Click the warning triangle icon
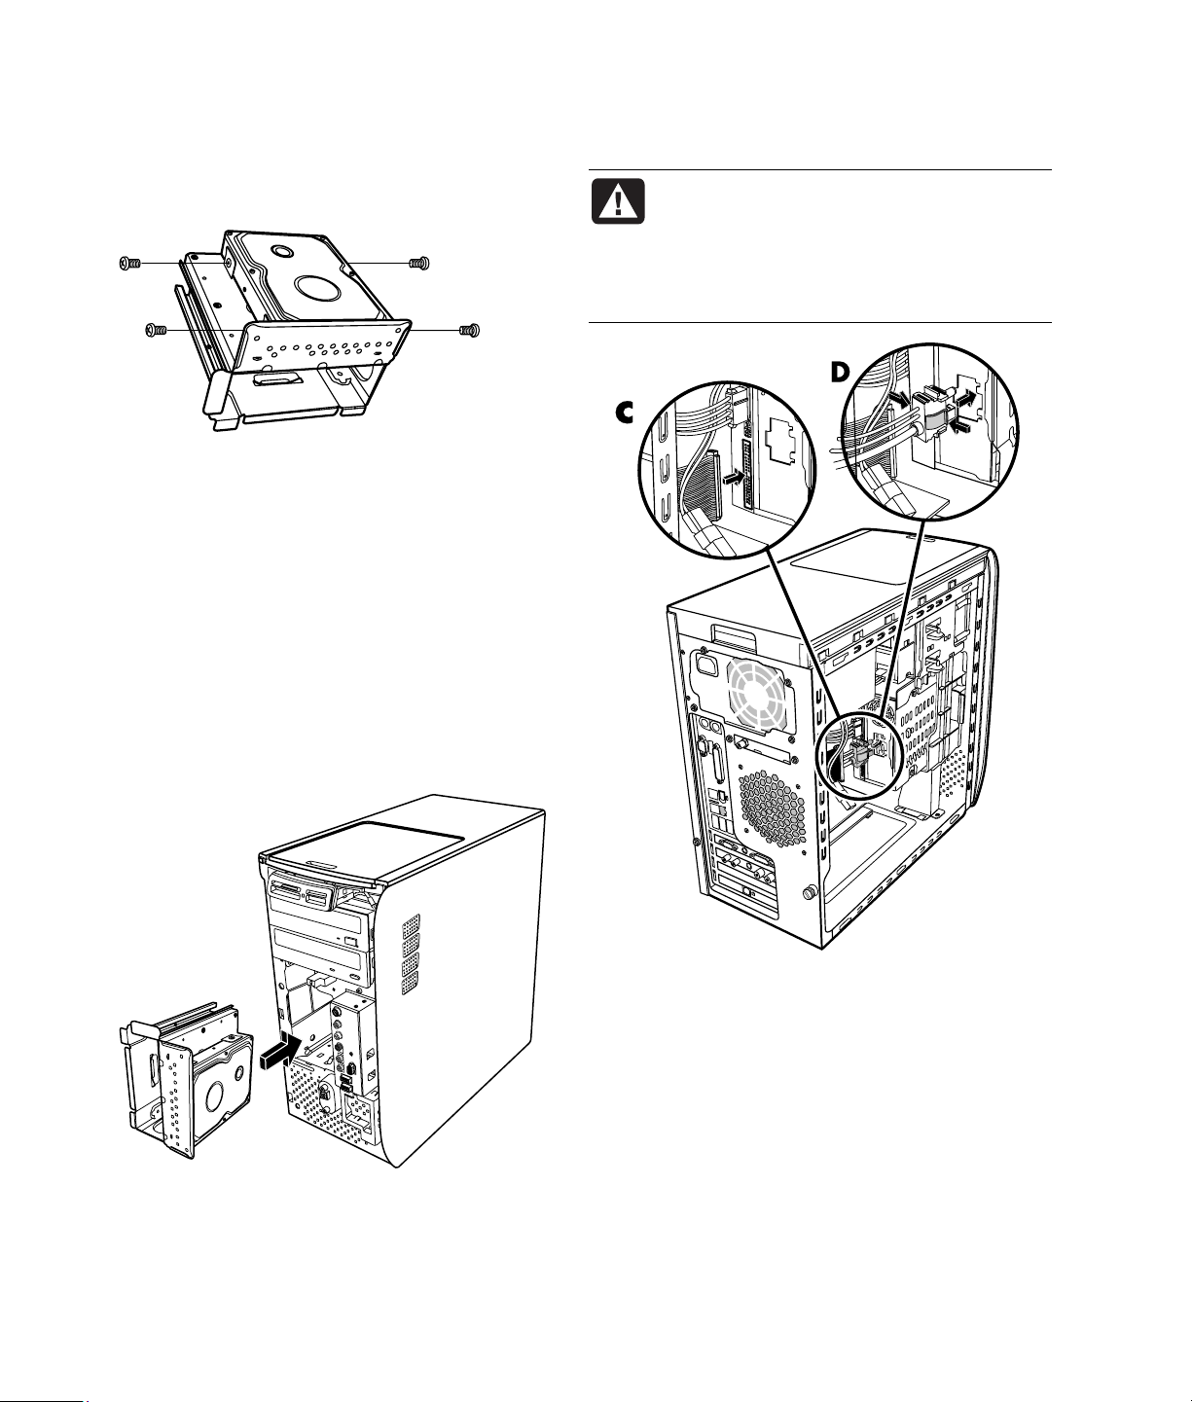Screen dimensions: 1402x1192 pos(616,200)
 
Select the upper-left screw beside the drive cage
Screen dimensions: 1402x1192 pos(129,263)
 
